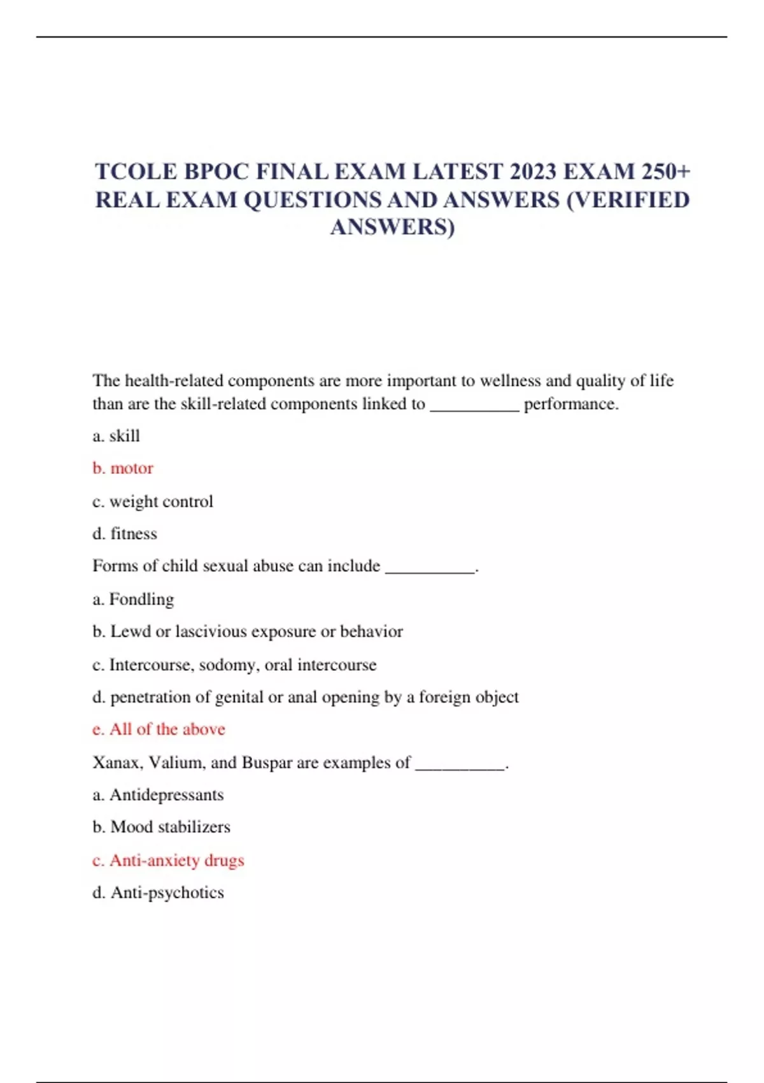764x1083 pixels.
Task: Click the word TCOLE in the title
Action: tap(136, 172)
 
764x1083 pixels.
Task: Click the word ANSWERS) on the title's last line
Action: tap(392, 227)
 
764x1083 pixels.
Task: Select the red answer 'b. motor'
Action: tap(123, 468)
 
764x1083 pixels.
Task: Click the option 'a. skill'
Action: tap(116, 436)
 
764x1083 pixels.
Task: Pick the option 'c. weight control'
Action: tap(153, 501)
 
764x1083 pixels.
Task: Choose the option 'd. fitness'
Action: tap(125, 533)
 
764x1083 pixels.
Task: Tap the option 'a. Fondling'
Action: tap(133, 599)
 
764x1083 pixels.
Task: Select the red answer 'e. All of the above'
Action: tap(159, 729)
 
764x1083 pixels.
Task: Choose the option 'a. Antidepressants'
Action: tap(158, 795)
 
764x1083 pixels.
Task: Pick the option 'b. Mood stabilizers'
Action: tap(161, 827)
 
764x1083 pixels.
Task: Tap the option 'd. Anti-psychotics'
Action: tap(158, 893)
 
